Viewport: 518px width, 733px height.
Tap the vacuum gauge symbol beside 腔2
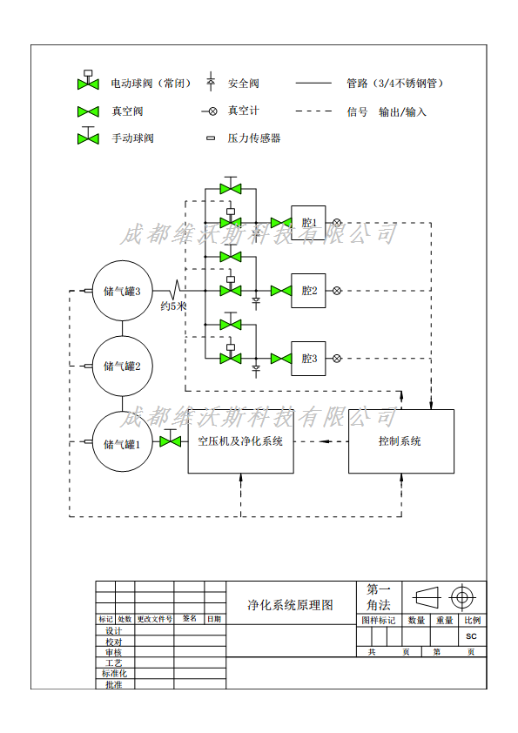pos(337,291)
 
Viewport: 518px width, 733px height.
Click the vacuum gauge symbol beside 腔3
pos(337,359)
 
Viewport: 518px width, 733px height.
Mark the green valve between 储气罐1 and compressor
pos(170,441)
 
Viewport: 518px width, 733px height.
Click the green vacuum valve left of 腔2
pos(281,291)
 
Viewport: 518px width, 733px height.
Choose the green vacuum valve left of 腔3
pos(281,359)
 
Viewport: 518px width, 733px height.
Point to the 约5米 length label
pos(173,306)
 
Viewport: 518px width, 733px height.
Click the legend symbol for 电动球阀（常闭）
pos(88,80)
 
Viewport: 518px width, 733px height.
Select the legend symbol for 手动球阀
pos(88,136)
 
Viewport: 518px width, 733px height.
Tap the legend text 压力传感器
pos(254,138)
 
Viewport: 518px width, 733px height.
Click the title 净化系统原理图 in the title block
pos(290,605)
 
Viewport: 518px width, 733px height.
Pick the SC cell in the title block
pos(471,636)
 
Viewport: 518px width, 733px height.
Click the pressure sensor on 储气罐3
pos(87,291)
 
